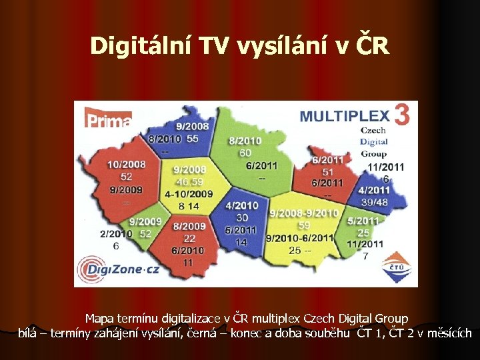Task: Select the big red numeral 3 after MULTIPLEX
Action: coord(401,115)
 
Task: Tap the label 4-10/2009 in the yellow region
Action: coord(189,194)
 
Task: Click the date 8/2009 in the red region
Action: coord(189,227)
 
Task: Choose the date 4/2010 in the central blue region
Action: coord(241,206)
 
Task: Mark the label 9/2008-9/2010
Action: coord(303,213)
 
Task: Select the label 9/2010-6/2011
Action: coord(299,237)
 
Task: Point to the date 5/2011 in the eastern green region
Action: coord(363,221)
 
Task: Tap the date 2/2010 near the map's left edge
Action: coord(116,234)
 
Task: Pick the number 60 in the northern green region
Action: coord(245,153)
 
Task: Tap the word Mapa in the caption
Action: coord(101,319)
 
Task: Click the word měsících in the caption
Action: coord(448,333)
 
